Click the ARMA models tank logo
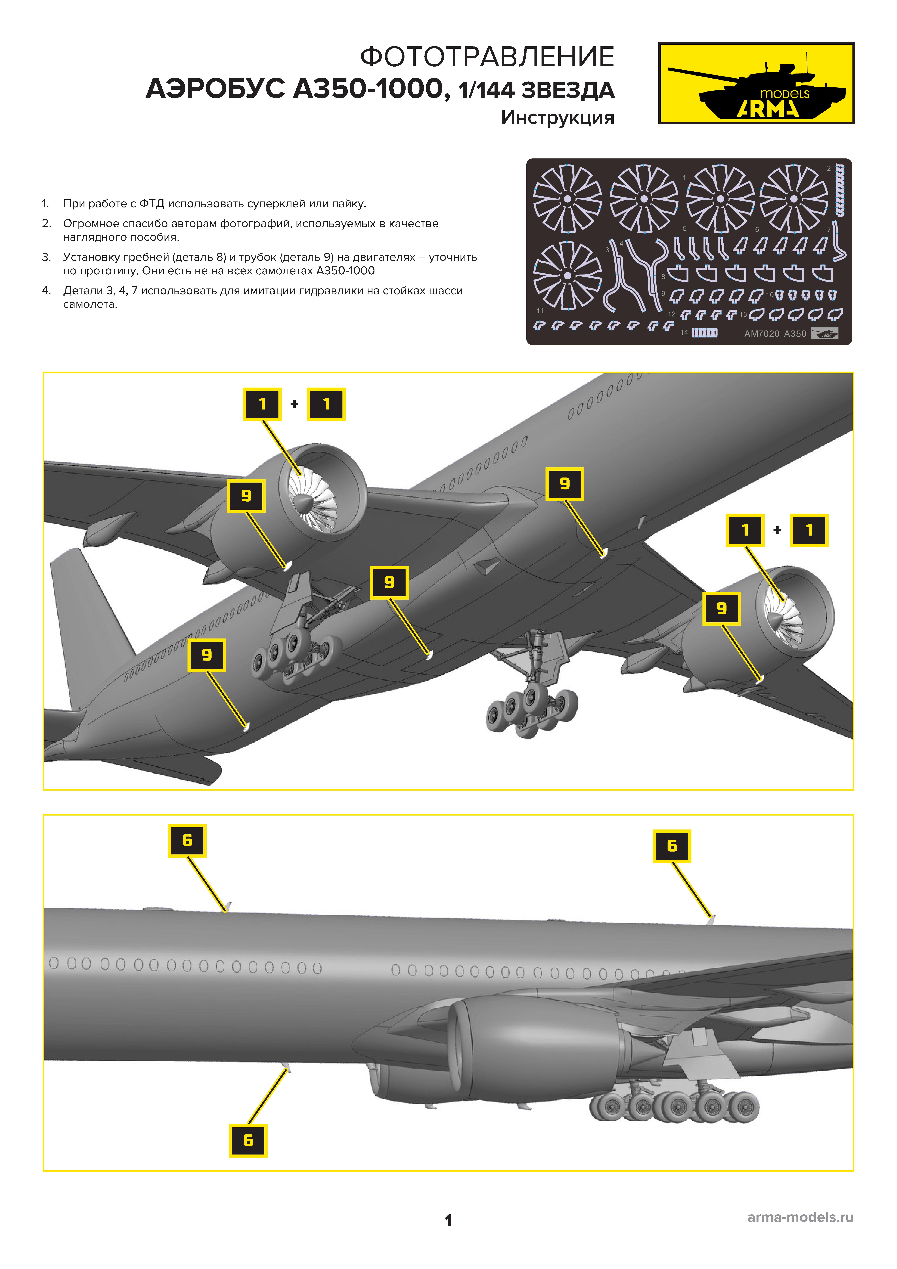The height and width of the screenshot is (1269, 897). pos(756,83)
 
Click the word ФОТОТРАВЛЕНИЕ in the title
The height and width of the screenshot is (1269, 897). pos(487,57)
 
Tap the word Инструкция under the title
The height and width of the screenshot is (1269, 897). pos(558,118)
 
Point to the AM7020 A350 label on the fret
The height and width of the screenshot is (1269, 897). pos(775,334)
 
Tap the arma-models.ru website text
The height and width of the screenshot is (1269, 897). pos(800,1217)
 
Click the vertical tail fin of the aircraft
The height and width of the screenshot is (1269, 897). pos(88,619)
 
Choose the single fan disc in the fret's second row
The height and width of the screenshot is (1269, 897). pos(568,275)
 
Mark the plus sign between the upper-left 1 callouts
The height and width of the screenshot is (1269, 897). pos(295,404)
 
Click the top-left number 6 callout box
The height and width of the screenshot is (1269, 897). pos(187,841)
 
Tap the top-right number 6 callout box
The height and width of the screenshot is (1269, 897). pos(672,846)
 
